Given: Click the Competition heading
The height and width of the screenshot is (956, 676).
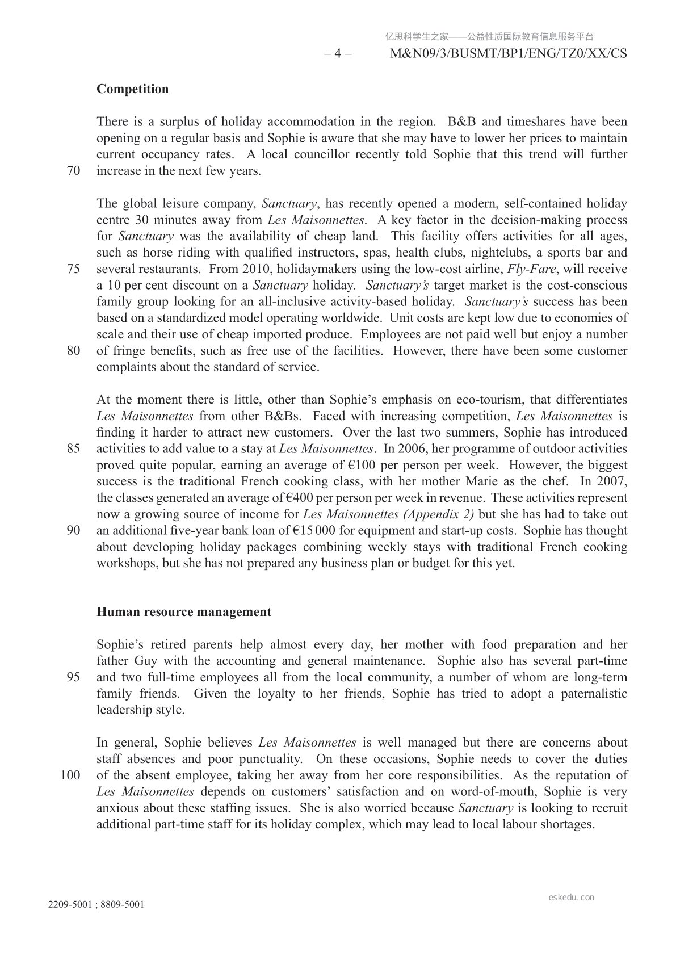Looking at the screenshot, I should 132,89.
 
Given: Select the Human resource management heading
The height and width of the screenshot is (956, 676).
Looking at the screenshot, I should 184,612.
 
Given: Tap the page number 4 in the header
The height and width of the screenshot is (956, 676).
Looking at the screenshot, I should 338,54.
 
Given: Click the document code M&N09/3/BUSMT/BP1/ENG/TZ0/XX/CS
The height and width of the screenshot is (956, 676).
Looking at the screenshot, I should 509,54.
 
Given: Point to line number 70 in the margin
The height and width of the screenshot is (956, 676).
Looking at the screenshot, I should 74,171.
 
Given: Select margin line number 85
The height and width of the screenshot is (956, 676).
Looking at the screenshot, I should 74,449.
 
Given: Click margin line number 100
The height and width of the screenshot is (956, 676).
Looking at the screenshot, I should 70,775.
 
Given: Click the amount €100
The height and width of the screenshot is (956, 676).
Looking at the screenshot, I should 363,466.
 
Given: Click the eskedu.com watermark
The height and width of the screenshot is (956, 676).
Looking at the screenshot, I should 572,898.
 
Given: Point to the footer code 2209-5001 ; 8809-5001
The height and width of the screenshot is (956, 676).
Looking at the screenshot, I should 96,905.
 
